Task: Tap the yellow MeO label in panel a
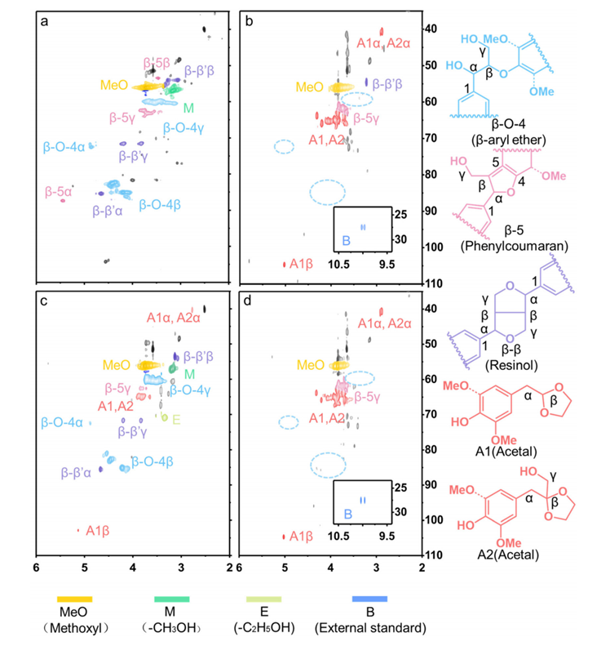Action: tap(113, 85)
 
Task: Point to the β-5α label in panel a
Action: tap(58, 193)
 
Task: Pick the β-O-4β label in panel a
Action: tap(161, 204)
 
